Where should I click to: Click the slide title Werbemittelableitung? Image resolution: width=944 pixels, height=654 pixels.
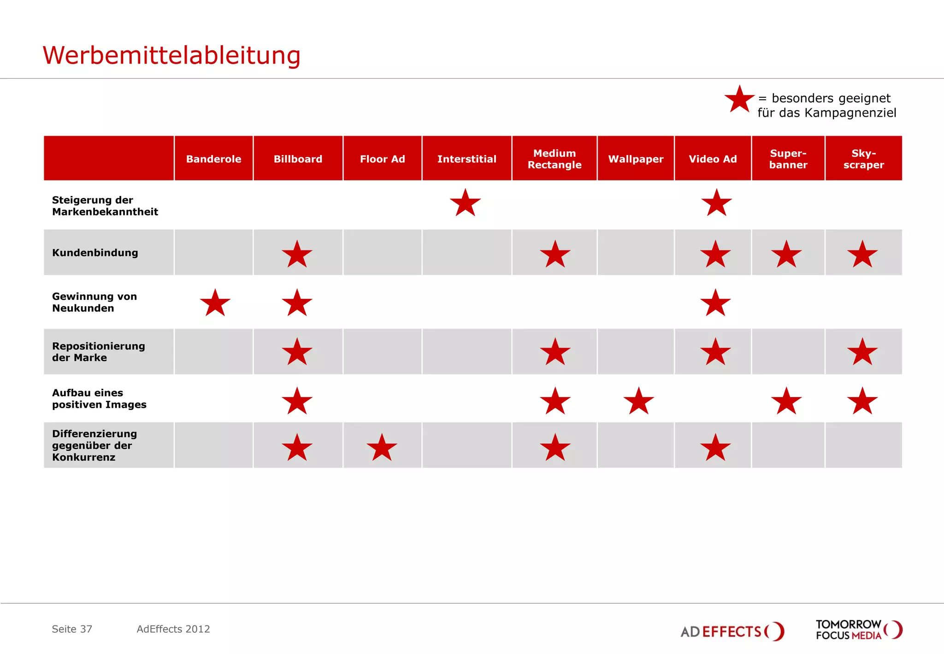(171, 55)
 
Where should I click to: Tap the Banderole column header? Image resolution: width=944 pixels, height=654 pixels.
(213, 159)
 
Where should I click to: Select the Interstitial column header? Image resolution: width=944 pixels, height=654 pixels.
(466, 159)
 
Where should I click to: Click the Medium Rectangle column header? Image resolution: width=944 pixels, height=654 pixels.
(555, 159)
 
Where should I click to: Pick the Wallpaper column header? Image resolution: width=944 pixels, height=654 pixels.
(636, 159)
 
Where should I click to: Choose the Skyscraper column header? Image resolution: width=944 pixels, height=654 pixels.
(863, 159)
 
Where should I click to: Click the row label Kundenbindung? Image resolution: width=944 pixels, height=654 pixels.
(95, 253)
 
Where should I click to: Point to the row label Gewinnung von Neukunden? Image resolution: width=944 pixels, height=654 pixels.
(94, 302)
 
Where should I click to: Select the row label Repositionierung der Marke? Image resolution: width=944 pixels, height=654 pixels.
(98, 351)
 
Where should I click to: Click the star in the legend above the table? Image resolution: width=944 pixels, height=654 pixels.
(739, 100)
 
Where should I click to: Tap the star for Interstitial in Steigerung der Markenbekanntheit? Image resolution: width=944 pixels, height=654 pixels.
(465, 203)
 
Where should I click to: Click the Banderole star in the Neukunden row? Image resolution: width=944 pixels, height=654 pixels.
(215, 303)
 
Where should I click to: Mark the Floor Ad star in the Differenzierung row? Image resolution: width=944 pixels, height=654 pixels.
(382, 448)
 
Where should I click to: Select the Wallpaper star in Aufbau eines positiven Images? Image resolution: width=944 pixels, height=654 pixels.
(638, 401)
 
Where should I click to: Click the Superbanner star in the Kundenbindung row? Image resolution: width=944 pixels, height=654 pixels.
(786, 255)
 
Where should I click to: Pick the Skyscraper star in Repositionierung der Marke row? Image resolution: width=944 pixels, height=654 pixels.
(862, 352)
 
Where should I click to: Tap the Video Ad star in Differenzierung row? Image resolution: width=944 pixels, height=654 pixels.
(715, 448)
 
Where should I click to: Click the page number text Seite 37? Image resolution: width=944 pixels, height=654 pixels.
(72, 629)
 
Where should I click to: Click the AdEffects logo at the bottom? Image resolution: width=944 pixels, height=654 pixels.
(732, 631)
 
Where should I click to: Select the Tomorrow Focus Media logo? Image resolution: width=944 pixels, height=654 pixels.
(858, 630)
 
